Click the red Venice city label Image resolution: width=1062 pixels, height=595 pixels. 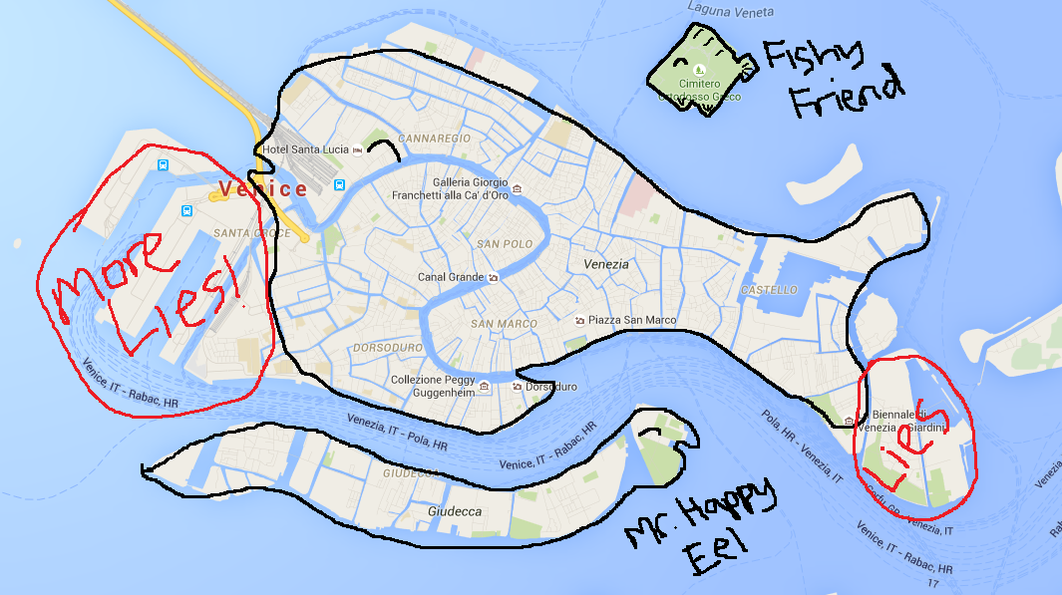pyautogui.click(x=263, y=188)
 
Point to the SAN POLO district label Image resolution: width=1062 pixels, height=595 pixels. pyautogui.click(x=501, y=244)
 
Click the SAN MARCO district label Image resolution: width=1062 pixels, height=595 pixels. pyautogui.click(x=504, y=324)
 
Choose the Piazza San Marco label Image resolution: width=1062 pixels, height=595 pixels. pyautogui.click(x=632, y=320)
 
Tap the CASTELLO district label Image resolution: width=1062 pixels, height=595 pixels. pyautogui.click(x=769, y=289)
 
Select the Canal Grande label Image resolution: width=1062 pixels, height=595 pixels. pyautogui.click(x=450, y=277)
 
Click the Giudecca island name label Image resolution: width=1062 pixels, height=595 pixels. pyautogui.click(x=454, y=511)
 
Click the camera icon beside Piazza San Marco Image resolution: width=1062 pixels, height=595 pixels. pyautogui.click(x=580, y=320)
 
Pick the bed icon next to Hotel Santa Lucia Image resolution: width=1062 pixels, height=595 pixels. pyautogui.click(x=357, y=149)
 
